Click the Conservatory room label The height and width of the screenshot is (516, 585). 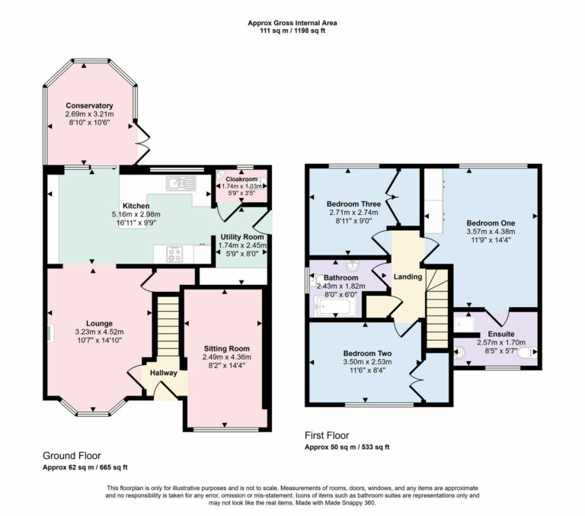[x=89, y=105]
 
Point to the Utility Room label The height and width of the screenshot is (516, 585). [x=241, y=238]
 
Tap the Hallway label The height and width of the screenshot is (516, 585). [x=163, y=373]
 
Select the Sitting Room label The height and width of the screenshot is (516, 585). [x=225, y=347]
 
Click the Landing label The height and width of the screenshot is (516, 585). [x=408, y=276]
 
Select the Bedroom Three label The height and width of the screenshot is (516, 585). [x=353, y=204]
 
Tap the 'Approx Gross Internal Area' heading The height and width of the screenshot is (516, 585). [x=292, y=24]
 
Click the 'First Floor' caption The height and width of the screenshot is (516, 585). [x=327, y=436]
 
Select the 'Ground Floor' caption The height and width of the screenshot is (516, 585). [x=72, y=455]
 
